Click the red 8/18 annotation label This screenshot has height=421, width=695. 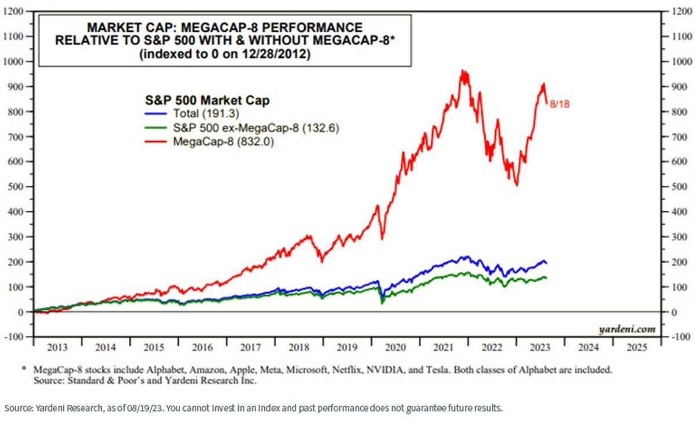tap(559, 104)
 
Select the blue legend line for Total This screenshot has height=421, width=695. tap(156, 114)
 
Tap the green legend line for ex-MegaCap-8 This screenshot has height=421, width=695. tap(156, 128)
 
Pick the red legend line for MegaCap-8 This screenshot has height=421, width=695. tap(156, 142)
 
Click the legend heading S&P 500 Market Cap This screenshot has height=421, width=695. tap(207, 100)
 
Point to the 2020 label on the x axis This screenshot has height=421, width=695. tap(395, 347)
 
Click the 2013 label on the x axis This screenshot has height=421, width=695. tap(57, 347)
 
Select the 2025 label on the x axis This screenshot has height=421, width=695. tap(637, 347)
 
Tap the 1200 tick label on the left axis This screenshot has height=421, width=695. tap(13, 12)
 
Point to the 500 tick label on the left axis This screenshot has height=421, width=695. tap(16, 187)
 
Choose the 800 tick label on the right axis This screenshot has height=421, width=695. tap(679, 112)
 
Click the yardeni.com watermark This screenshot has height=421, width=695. tap(627, 329)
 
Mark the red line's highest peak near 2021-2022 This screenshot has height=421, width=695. tap(462, 70)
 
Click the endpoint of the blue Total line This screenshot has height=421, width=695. tap(546, 263)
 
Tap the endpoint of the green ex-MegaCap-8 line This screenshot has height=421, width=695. tap(546, 278)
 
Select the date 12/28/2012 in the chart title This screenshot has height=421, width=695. tap(276, 54)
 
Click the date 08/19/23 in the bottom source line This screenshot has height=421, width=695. tap(145, 408)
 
